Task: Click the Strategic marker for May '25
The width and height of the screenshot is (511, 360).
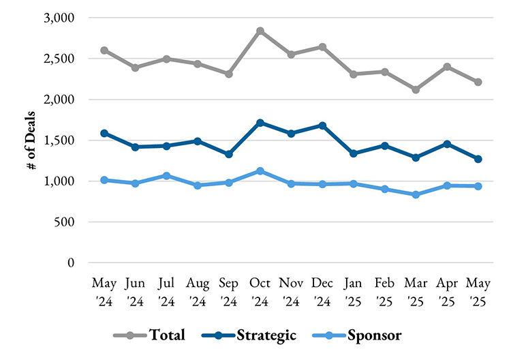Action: pos(479,159)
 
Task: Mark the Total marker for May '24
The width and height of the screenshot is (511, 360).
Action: pos(104,50)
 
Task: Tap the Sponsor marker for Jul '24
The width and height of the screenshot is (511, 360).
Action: pos(167,176)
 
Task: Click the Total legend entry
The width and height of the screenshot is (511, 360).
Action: pos(153,335)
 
